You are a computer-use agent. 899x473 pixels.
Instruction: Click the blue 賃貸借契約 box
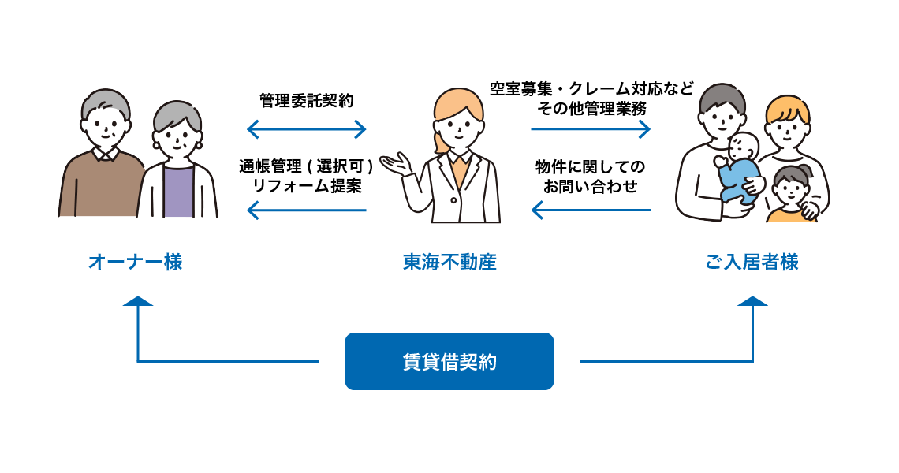pos(449,362)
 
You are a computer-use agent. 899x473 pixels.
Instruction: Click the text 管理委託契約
pos(307,101)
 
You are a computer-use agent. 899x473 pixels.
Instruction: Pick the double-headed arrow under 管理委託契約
pos(307,128)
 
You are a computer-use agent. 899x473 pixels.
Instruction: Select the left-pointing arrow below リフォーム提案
pos(307,210)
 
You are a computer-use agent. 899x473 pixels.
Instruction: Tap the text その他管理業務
pos(591,108)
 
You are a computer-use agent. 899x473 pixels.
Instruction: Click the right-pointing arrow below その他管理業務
pos(591,128)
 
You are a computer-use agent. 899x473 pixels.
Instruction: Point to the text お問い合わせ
pos(591,187)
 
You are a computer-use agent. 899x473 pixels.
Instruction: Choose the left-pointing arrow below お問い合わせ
pos(591,210)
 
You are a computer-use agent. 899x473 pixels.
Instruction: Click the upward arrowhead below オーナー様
pos(138,301)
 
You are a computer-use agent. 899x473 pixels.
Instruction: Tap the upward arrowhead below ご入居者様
pos(754,301)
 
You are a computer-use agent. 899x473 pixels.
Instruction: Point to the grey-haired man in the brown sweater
pos(100,158)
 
